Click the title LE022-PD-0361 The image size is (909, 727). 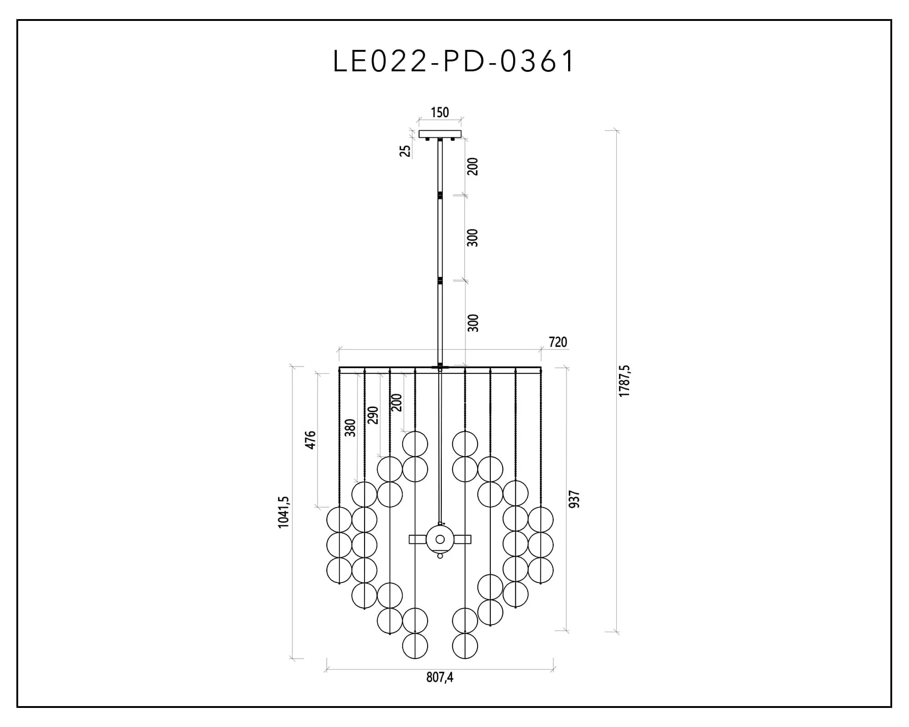tap(454, 61)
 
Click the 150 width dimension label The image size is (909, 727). tap(440, 112)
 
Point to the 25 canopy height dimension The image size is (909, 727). tap(405, 151)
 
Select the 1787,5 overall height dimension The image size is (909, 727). tap(624, 381)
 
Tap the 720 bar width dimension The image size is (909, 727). tap(558, 342)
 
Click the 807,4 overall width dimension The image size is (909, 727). tap(440, 677)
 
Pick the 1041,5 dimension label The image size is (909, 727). tap(283, 512)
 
